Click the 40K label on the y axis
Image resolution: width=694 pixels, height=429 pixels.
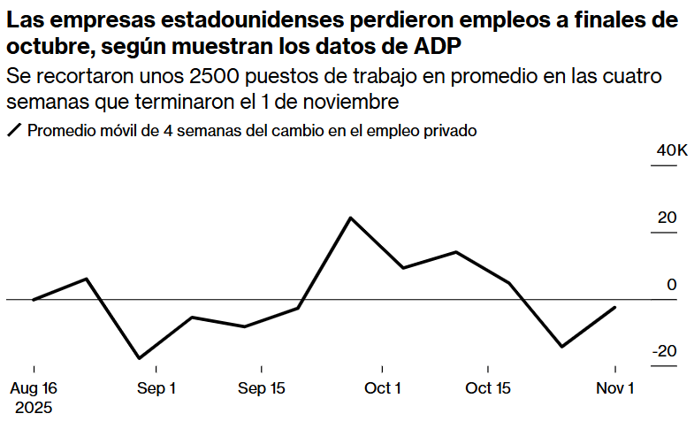tap(671, 150)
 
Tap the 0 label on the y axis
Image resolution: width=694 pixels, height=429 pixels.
tap(671, 285)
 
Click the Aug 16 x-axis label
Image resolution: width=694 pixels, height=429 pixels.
tap(34, 388)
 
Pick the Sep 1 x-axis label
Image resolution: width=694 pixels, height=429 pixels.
tap(156, 388)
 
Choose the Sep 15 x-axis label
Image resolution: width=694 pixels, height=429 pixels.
tap(262, 388)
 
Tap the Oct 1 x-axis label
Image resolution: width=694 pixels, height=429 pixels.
tap(383, 388)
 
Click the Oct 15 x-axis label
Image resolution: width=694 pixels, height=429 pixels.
tap(489, 388)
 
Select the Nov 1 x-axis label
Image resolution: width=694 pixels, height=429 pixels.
tap(615, 388)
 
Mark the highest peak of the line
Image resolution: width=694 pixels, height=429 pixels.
tap(351, 218)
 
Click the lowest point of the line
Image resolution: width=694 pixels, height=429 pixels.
tap(139, 358)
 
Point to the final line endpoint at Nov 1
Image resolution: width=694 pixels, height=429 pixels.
tap(615, 307)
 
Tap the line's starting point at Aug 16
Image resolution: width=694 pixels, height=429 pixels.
tap(34, 300)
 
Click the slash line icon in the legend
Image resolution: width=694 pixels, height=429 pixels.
tap(13, 131)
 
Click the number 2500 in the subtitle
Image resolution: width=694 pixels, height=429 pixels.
tap(212, 75)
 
